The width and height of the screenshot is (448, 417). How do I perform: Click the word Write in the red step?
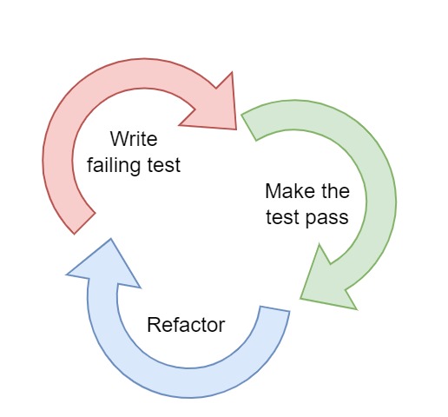[x=135, y=139]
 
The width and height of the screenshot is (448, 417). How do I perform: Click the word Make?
[x=284, y=191]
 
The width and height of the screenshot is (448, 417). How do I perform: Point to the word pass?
[x=329, y=217]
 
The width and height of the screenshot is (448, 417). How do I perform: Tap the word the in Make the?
[x=333, y=191]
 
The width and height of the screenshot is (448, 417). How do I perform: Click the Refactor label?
[x=186, y=326]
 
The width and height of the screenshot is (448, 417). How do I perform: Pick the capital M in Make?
[x=272, y=191]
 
